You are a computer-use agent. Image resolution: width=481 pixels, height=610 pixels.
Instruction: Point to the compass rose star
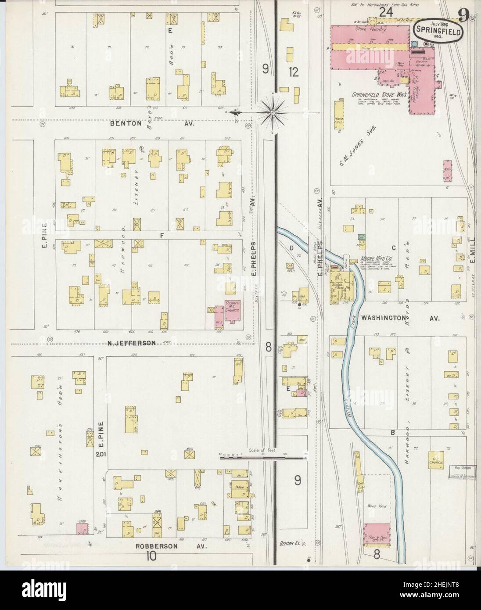click(273, 113)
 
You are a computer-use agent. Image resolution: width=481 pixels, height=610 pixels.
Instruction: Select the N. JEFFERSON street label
click(132, 343)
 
